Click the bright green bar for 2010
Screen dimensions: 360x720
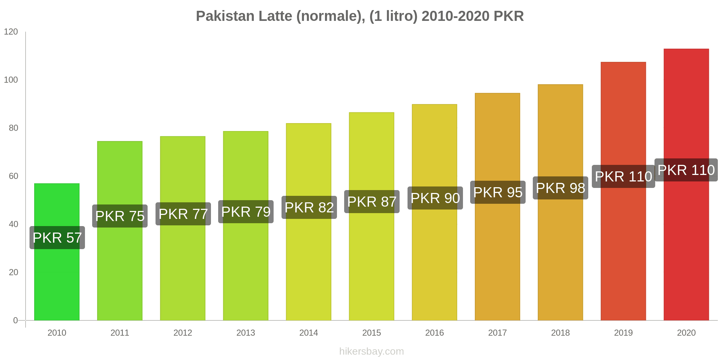(x=57, y=281)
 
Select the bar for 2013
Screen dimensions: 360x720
(x=246, y=266)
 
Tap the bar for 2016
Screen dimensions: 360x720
(x=435, y=259)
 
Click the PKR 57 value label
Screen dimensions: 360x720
(x=57, y=238)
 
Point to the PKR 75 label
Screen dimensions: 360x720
(x=120, y=216)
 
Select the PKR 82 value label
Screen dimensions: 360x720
(x=309, y=207)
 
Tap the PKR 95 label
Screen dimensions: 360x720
(x=498, y=192)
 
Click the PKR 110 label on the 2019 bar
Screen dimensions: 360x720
(x=624, y=176)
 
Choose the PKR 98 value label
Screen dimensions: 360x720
(x=561, y=188)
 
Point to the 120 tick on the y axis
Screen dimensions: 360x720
(x=11, y=32)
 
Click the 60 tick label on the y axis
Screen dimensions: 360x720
(x=13, y=176)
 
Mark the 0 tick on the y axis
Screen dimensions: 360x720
(x=15, y=320)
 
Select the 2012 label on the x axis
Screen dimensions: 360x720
(x=183, y=333)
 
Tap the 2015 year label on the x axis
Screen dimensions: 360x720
(x=372, y=333)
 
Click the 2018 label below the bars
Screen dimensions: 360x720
(x=561, y=333)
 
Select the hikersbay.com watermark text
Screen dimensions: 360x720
(x=372, y=351)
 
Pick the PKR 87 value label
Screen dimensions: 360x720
(x=372, y=202)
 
